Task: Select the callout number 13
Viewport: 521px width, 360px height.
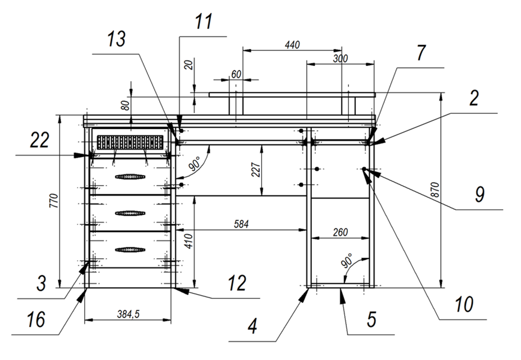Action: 117,39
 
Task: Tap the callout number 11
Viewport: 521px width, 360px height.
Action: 204,22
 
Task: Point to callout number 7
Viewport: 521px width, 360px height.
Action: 420,54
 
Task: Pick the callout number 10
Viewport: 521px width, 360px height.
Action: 464,304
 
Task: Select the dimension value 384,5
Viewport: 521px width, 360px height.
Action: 127,315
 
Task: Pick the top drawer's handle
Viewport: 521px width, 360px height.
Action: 130,176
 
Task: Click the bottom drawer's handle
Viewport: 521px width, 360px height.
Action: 130,249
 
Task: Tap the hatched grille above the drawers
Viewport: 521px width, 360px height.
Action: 129,142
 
